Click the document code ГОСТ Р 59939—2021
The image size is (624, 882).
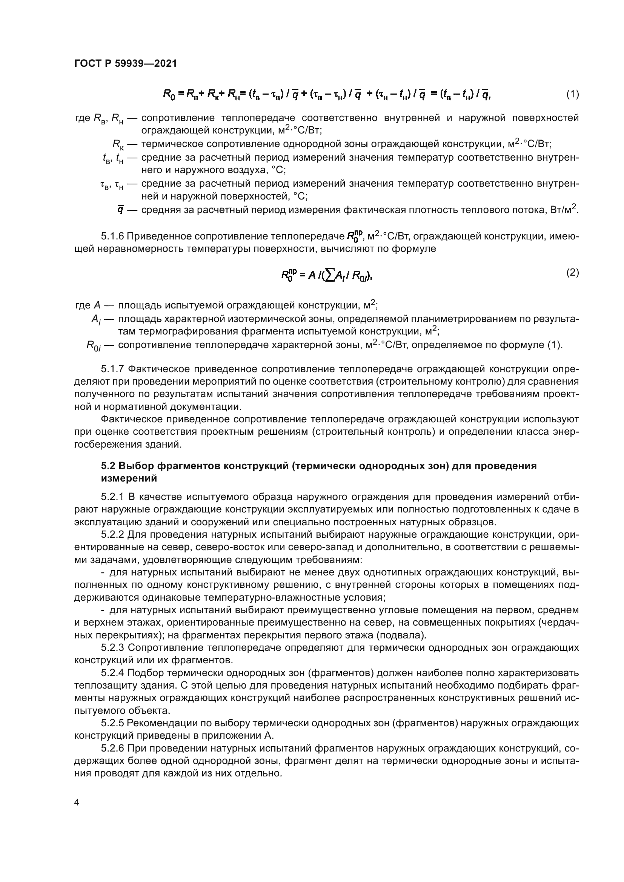coord(126,64)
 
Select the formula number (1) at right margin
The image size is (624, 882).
coord(573,94)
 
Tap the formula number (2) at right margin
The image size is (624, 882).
coord(573,273)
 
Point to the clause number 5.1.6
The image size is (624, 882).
coord(112,236)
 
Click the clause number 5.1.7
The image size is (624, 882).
coord(112,369)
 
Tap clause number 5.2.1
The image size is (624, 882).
coord(112,497)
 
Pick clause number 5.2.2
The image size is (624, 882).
coord(112,535)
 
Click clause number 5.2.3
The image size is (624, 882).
coord(112,648)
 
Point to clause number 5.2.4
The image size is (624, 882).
coord(112,673)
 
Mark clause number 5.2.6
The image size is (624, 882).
coord(112,748)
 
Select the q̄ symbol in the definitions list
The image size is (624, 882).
coord(121,210)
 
